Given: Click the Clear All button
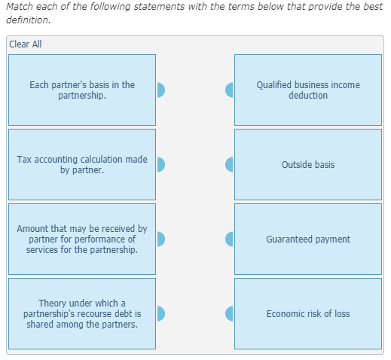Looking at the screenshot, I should pyautogui.click(x=26, y=44).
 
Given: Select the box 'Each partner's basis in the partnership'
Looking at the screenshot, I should pyautogui.click(x=82, y=90).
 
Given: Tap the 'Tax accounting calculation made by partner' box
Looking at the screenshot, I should pyautogui.click(x=82, y=164).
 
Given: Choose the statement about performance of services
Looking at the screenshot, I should pyautogui.click(x=82, y=239).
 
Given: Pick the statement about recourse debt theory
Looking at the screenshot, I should pyautogui.click(x=82, y=313).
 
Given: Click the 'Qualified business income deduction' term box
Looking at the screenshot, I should pyautogui.click(x=307, y=90).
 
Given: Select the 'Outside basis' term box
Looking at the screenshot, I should pyautogui.click(x=307, y=164).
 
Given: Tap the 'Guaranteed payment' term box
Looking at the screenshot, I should pyautogui.click(x=307, y=239).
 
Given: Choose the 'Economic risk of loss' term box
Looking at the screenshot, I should pyautogui.click(x=307, y=313).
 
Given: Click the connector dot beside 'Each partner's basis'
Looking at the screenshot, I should pyautogui.click(x=160, y=90).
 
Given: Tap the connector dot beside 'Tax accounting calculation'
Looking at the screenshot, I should pyautogui.click(x=160, y=164).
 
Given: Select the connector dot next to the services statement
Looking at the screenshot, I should pyautogui.click(x=160, y=239).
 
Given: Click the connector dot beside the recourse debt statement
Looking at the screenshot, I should pyautogui.click(x=160, y=313).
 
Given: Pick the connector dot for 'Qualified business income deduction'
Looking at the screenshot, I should pyautogui.click(x=230, y=90).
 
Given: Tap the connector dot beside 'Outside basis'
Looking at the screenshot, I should pyautogui.click(x=230, y=164).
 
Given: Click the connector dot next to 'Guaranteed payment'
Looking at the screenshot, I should pyautogui.click(x=230, y=239).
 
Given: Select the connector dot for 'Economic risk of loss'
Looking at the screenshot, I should pyautogui.click(x=230, y=313).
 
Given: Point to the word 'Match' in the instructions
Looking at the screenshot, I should pyautogui.click(x=20, y=7).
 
